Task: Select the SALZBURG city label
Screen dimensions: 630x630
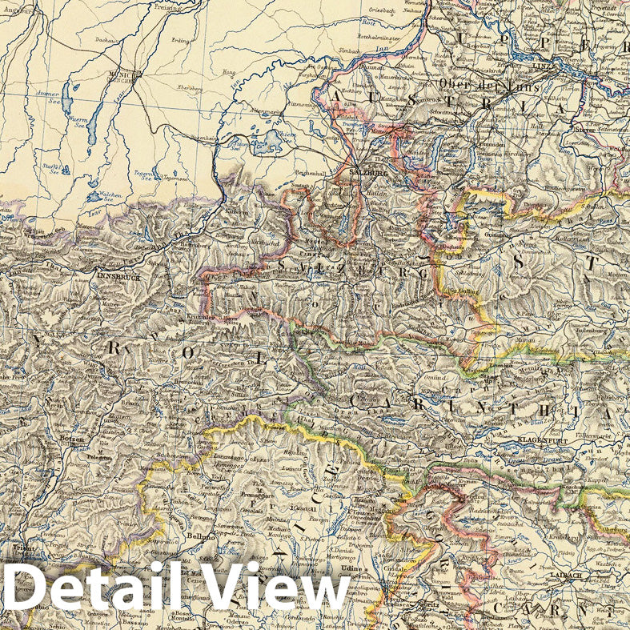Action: (x=369, y=172)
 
